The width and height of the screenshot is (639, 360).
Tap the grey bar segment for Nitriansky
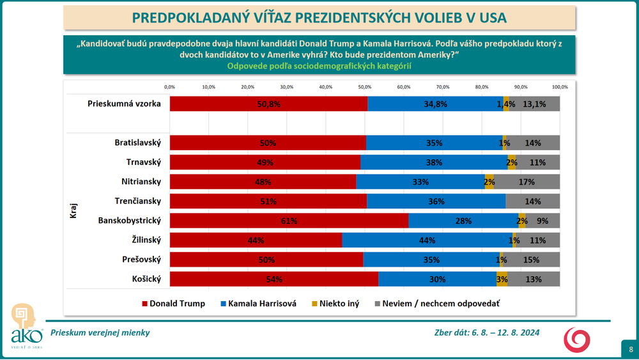527,182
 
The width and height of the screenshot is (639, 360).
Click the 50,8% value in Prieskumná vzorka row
269,104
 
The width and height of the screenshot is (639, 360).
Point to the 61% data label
289,221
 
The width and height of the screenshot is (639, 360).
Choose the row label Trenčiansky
137,201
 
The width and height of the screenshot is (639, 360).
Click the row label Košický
146,279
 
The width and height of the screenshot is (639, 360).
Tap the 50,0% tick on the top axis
364,87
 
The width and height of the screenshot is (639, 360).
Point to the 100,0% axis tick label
559,87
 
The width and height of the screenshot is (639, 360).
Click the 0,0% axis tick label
170,87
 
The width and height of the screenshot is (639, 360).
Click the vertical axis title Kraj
73,211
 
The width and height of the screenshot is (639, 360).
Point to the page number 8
630,349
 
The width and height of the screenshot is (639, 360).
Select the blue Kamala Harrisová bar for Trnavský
434,162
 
